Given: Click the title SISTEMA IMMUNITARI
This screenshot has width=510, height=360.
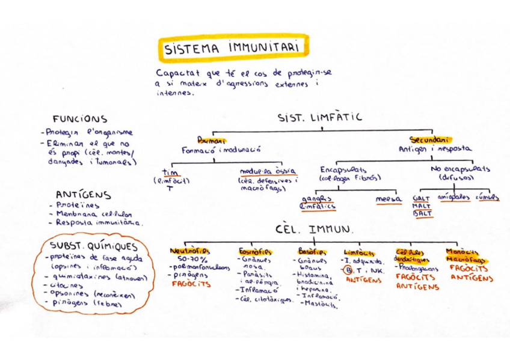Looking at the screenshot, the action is click(233, 48).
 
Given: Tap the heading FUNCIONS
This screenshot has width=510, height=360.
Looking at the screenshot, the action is click(79, 119).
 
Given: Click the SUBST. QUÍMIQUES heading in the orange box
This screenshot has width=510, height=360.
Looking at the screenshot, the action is click(93, 246).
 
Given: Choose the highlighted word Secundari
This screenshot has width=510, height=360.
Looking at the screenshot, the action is click(430, 140).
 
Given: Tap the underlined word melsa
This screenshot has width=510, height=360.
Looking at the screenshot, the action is click(389, 199).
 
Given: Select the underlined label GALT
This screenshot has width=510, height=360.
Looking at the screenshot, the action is click(421, 198).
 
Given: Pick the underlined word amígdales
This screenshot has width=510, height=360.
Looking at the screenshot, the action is click(454, 197).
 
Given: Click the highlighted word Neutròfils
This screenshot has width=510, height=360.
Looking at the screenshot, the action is click(189, 252).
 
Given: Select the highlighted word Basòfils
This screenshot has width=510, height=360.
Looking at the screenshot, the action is click(312, 252).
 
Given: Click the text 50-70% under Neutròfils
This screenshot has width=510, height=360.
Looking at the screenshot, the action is click(186, 260).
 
